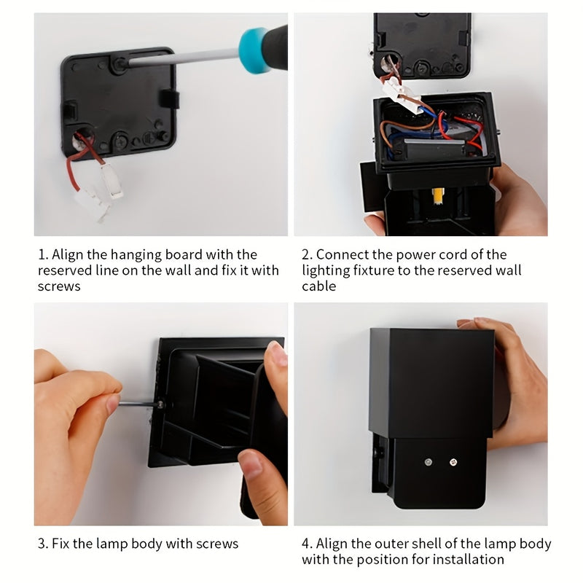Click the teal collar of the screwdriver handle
[x=254, y=50]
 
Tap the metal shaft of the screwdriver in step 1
[x=182, y=58]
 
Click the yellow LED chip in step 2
[x=438, y=196]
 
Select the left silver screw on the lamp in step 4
[x=429, y=462]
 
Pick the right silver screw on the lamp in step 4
[x=453, y=462]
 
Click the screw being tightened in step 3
[x=160, y=404]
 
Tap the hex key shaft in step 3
[x=138, y=404]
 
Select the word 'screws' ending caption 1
[x=59, y=286]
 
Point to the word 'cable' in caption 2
[x=319, y=286]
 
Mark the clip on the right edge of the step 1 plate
[x=170, y=99]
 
